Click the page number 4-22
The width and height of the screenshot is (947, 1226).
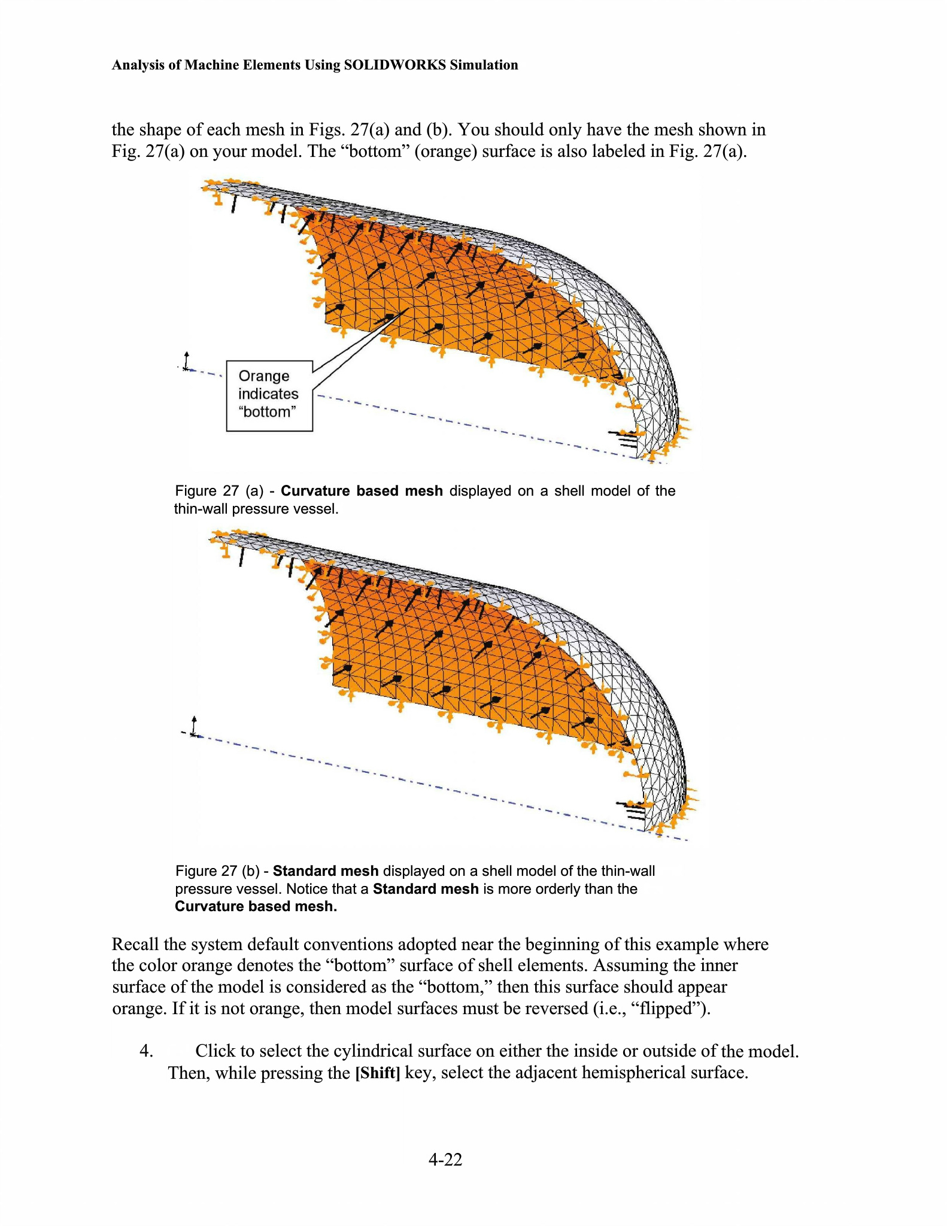coord(445,1160)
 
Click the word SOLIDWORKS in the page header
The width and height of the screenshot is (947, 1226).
coord(394,65)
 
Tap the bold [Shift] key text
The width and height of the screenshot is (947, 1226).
coord(377,1073)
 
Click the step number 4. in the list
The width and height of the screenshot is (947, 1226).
coord(147,1051)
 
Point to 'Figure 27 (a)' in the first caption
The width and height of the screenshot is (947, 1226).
coord(219,491)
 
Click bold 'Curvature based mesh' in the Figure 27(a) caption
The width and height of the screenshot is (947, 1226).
coord(362,491)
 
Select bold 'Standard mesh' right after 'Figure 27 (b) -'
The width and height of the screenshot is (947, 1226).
coord(326,871)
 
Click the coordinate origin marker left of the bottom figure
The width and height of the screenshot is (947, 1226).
coord(193,732)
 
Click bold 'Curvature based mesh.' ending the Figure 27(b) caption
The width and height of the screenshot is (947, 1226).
coord(256,906)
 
